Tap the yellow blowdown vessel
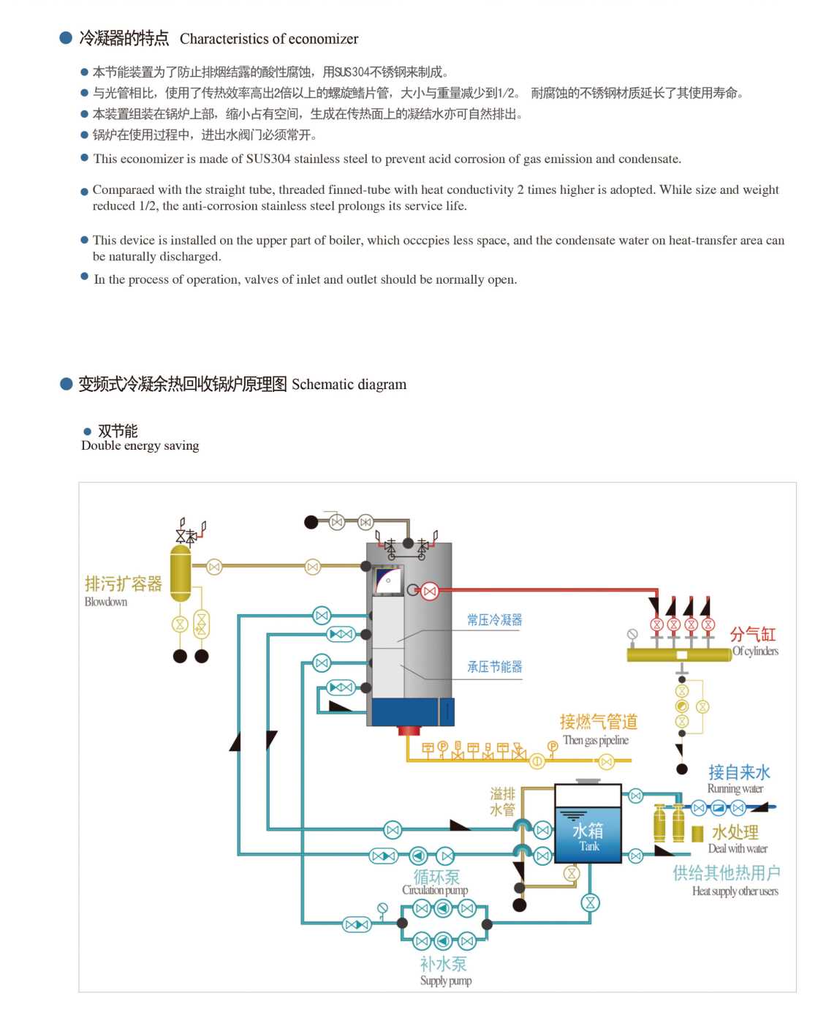coord(181,573)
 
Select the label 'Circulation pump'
coord(435,890)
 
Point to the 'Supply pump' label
coord(446,980)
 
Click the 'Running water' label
coord(735,788)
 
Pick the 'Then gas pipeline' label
coord(596,740)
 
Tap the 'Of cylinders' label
coord(755,651)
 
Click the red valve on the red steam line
coord(430,591)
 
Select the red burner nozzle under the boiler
coord(409,731)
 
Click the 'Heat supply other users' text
coord(735,891)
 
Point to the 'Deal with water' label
coord(738,848)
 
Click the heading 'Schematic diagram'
coord(349,385)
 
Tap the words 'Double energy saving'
coord(140,445)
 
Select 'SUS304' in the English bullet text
coord(268,159)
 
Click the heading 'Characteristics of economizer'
coord(269,39)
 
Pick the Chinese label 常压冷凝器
coord(495,619)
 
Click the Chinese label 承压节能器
coord(495,666)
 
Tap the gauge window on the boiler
coord(388,581)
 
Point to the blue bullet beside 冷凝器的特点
coord(66,37)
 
